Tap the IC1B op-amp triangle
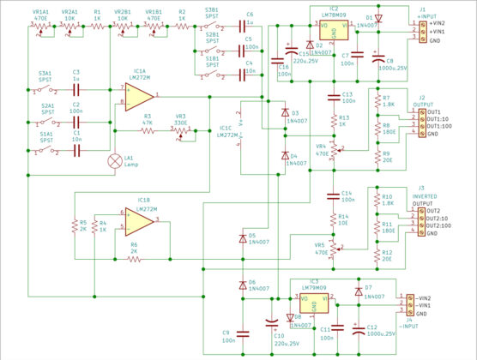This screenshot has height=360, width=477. click(138, 225)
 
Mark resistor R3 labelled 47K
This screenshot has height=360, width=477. click(148, 130)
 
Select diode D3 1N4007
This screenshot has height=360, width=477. click(285, 112)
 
